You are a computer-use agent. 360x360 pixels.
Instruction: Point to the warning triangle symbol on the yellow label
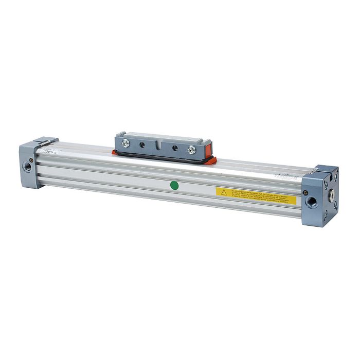click(223, 192)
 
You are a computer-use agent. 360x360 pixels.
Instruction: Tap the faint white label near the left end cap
click(49, 152)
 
